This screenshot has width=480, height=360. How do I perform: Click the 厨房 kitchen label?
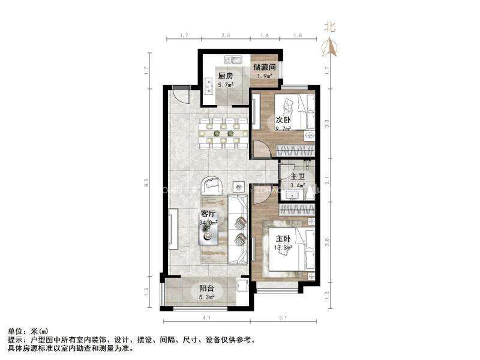coord(226,76)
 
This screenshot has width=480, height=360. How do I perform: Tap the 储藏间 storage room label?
coord(264,67)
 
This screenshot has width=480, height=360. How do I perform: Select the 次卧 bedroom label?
coord(283,119)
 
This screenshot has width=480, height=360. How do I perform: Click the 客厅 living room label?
coord(208,214)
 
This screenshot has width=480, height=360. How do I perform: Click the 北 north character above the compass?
coord(329,27)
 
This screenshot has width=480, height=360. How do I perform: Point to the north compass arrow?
coord(329,46)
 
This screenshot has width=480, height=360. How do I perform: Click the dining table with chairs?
coord(223,132)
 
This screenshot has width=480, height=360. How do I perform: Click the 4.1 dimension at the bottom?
coord(205,317)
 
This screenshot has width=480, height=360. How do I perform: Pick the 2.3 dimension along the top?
coord(226,37)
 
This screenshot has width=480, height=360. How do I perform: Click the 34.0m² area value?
coord(208,223)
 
